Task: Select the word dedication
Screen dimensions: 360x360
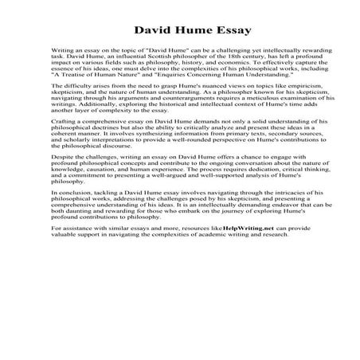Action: tap(235, 204)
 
